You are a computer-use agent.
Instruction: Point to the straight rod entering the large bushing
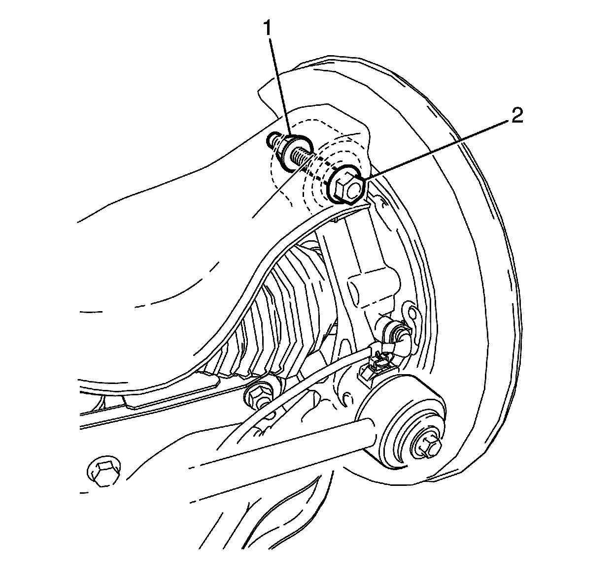[x=276, y=453]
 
